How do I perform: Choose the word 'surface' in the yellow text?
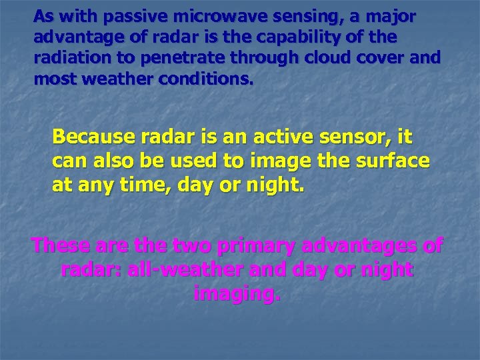[393, 161]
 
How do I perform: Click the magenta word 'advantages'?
[360, 246]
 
